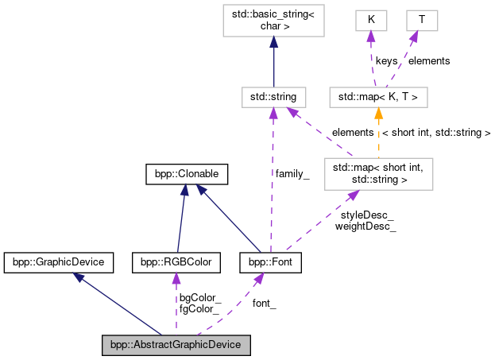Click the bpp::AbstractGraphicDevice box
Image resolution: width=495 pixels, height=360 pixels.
point(176,345)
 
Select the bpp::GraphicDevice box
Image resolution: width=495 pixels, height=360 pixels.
point(59,261)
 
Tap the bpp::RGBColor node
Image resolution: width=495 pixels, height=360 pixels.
point(173,261)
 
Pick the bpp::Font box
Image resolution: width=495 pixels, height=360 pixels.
point(270,261)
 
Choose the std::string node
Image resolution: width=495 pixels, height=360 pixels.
point(273,97)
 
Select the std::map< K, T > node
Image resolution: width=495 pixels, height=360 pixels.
point(378,97)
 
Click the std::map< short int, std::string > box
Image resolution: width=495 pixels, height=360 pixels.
point(378,172)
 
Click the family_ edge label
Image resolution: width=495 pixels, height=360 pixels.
point(292,172)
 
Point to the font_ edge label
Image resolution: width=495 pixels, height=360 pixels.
point(264,303)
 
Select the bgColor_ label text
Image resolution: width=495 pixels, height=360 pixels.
point(199,297)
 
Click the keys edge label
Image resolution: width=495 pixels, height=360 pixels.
point(388,60)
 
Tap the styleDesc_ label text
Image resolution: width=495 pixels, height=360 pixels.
point(367,215)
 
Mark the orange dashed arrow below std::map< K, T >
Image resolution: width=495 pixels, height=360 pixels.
point(377,133)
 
